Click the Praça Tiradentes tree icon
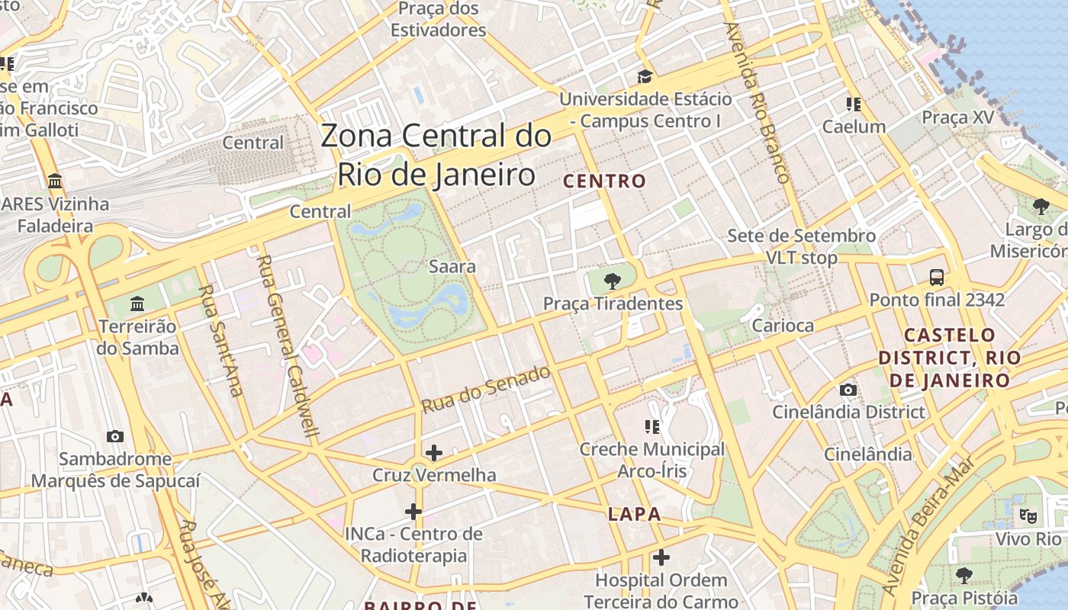point(612,281)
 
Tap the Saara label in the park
point(452,267)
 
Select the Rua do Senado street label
point(486,390)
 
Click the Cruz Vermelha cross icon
point(434,453)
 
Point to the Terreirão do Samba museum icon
point(137,304)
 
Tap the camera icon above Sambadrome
point(115,437)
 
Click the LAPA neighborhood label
point(634,515)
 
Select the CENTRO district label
point(604,181)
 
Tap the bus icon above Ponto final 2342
point(937,278)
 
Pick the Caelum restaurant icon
point(853,104)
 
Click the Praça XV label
point(958,117)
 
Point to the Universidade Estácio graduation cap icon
point(645,77)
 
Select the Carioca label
point(783,326)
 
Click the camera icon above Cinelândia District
point(848,390)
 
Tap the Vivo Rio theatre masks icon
point(1028,516)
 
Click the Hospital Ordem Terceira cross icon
point(661,557)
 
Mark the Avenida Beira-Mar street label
point(928,526)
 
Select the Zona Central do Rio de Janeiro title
point(436,156)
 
